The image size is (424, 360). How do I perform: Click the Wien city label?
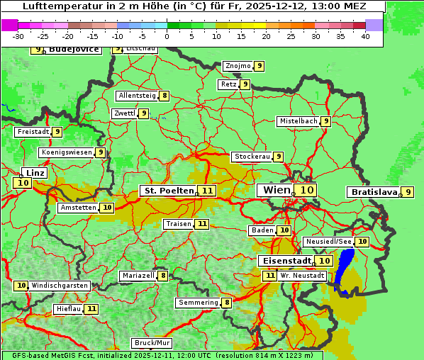[277, 190]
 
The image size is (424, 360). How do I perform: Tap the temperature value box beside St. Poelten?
[207, 191]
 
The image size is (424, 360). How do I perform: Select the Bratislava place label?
[372, 192]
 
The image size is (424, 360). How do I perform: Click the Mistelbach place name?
[298, 121]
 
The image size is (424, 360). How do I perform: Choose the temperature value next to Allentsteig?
[164, 96]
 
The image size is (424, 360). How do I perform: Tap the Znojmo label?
[238, 66]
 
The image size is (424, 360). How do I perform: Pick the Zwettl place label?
[124, 113]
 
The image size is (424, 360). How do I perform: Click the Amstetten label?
[78, 208]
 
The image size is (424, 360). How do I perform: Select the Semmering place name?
[198, 303]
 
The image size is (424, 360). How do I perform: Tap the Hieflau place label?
[69, 309]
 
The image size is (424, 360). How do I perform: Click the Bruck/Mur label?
[152, 343]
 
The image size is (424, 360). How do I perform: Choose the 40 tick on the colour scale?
[365, 36]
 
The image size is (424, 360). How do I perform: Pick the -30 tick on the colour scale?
[18, 36]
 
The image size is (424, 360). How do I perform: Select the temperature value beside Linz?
[22, 183]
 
